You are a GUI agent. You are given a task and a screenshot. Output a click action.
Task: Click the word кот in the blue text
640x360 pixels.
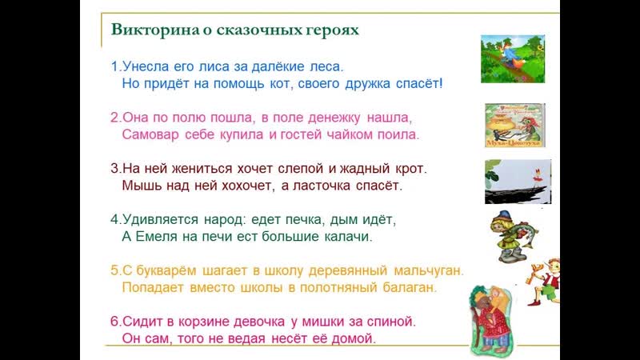tap(281, 84)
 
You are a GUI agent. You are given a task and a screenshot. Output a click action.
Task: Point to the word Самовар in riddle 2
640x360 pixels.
tap(150, 134)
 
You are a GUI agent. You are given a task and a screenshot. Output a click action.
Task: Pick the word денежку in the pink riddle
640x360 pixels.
tap(334, 118)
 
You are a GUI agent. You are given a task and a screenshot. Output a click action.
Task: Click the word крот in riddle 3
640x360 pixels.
tap(411, 169)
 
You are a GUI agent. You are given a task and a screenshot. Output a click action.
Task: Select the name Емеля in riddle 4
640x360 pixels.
tap(156, 237)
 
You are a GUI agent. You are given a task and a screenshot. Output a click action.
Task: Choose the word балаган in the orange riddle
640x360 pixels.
tap(410, 288)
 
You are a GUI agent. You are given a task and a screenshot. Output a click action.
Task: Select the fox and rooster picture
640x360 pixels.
tap(513, 58)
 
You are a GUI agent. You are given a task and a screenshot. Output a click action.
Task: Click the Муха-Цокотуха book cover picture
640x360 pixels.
tap(515, 126)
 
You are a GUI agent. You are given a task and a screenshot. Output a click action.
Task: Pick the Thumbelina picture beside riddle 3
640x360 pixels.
tap(518, 182)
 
